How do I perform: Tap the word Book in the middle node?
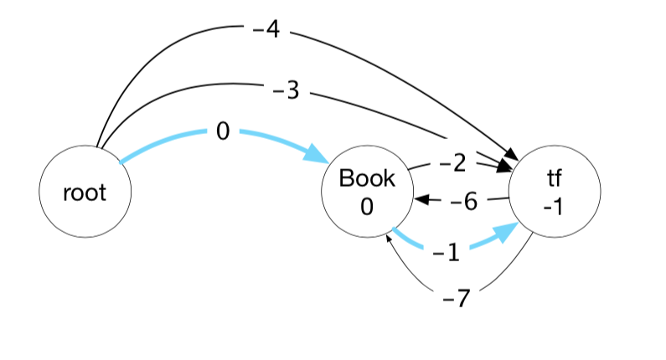point(366,178)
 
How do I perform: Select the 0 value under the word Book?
point(366,206)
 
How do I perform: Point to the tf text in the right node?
point(552,179)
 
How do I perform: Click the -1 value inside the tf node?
point(552,206)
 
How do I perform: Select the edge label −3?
point(286,90)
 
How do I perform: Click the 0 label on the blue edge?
point(222,131)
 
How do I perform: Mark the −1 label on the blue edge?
point(447,253)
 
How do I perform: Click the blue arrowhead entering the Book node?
point(317,154)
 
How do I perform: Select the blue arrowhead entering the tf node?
point(507,232)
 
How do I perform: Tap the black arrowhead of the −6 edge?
point(422,201)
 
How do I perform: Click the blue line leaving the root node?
point(159,142)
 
